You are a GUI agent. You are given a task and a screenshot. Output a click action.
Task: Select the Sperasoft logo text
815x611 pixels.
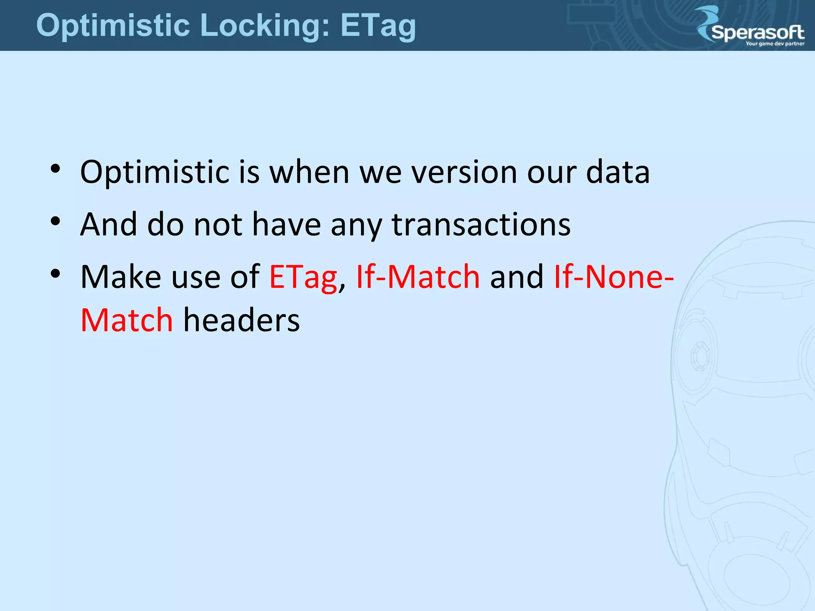(x=758, y=32)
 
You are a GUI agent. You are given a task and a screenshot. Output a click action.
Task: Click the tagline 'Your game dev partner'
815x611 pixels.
(x=775, y=44)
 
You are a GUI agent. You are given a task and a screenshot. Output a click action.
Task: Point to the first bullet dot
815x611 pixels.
(x=55, y=169)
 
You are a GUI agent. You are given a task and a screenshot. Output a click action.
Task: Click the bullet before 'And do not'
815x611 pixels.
(x=55, y=221)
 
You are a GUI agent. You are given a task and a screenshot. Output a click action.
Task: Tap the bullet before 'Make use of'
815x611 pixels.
(x=55, y=273)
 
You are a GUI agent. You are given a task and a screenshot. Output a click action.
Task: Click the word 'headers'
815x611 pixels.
(x=241, y=321)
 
